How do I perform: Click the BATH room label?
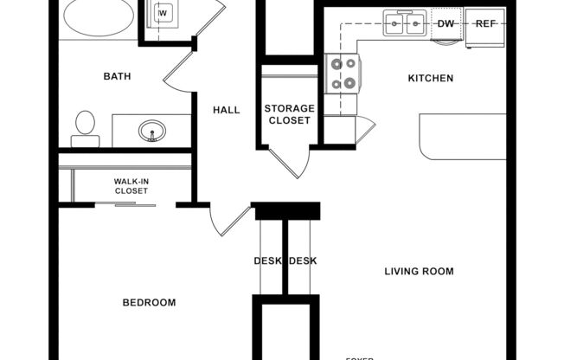118,77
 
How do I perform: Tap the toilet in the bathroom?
85,125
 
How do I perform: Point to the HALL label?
226,110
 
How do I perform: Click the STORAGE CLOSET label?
289,114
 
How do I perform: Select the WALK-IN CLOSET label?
131,186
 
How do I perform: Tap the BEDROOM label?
149,303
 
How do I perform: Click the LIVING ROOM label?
419,272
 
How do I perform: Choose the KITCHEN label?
430,79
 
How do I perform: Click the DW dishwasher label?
446,23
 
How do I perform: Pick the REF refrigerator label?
486,23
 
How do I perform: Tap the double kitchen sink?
404,22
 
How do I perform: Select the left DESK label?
268,261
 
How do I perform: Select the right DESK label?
303,261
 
